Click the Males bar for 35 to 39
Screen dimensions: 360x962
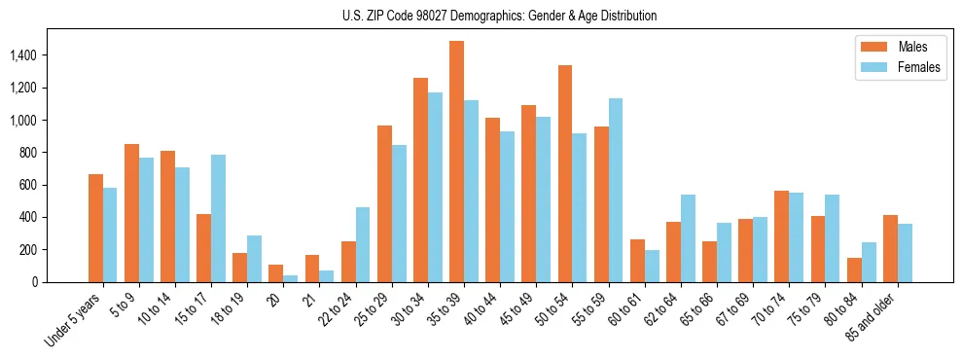pyautogui.click(x=456, y=162)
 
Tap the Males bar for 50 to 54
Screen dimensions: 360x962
pyautogui.click(x=565, y=174)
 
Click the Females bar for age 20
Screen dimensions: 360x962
pyautogui.click(x=290, y=278)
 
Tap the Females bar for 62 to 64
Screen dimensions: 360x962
pyautogui.click(x=687, y=238)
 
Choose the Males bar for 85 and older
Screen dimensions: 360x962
pyautogui.click(x=890, y=248)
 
